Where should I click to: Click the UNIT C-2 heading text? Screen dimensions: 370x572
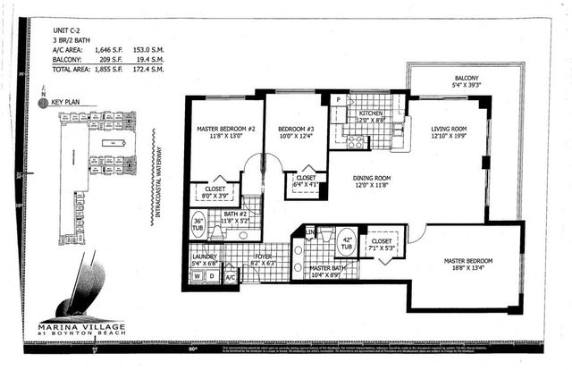coord(68,30)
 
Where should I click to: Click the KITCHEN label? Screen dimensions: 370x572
coord(371,114)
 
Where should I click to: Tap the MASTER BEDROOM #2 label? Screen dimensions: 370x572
coord(225,130)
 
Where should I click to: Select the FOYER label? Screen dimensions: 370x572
coord(264,256)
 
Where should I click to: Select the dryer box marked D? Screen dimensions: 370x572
coord(213,277)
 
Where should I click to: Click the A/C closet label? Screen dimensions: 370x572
coord(230,278)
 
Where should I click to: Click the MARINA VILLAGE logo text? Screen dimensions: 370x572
coord(76,326)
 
